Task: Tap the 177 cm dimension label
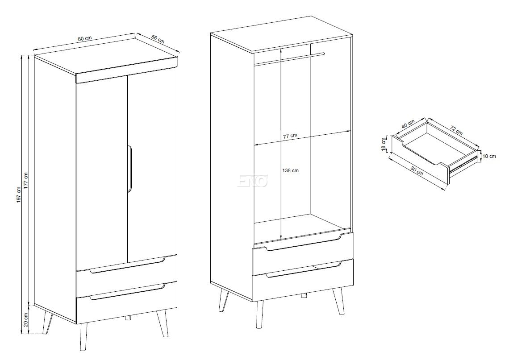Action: [26, 181]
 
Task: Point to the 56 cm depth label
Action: [158, 40]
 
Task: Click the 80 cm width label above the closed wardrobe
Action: [85, 38]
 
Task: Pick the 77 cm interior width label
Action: [290, 136]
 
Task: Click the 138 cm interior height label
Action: [290, 170]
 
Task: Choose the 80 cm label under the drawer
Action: [417, 171]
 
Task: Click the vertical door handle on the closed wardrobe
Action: [129, 169]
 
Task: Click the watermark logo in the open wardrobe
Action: [253, 181]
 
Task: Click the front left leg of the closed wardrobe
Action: [83, 337]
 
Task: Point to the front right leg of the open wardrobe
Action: [338, 300]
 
